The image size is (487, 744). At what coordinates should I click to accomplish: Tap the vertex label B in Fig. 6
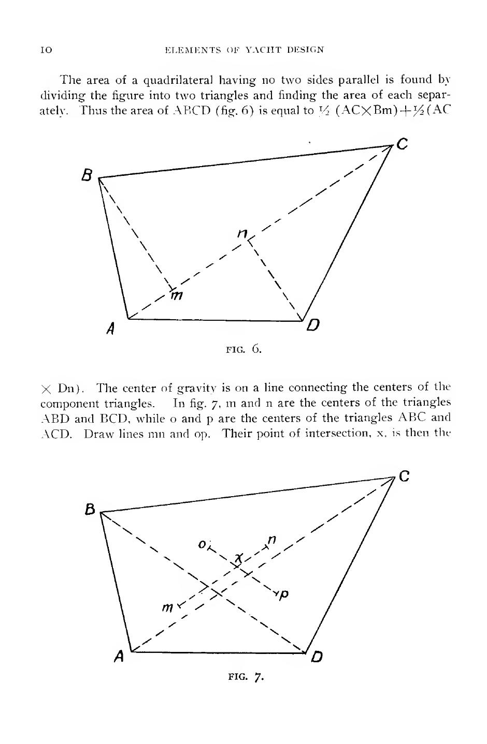(87, 176)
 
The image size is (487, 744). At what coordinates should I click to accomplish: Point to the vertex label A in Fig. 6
(110, 328)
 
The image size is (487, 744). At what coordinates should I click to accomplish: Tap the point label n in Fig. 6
(241, 234)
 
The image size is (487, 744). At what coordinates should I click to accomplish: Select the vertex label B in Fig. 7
(91, 509)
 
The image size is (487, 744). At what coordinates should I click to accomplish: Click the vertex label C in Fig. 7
(405, 477)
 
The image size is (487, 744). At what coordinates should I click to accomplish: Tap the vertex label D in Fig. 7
(317, 657)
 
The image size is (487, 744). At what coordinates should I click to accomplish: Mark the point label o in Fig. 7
(202, 544)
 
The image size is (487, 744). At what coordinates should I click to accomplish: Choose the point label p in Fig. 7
(283, 595)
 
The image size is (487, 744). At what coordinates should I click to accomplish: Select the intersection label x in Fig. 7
(239, 558)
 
